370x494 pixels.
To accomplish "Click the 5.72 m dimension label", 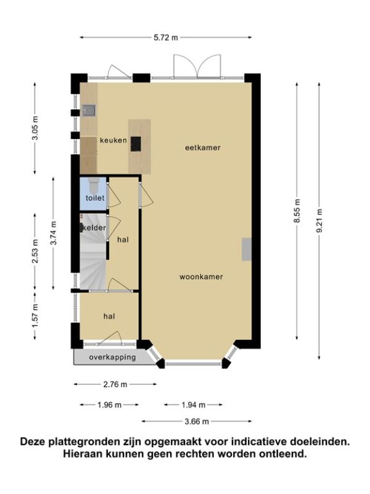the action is click(x=165, y=38).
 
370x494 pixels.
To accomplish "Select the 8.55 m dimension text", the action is click(x=297, y=211).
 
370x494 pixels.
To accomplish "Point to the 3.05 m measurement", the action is click(x=35, y=128).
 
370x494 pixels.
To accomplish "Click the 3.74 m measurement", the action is click(x=54, y=233).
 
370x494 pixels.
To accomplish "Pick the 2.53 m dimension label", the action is click(x=35, y=251).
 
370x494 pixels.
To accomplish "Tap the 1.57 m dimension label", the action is click(x=35, y=316).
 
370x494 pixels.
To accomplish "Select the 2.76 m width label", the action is click(x=115, y=384).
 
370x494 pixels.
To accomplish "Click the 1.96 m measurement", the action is click(x=109, y=405).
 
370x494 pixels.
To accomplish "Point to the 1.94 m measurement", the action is click(x=193, y=405).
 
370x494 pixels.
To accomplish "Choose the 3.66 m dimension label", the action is click(x=197, y=421).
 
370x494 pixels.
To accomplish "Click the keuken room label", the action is click(x=113, y=140).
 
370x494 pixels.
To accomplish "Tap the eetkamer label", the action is click(x=203, y=148).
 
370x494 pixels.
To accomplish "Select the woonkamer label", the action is click(x=201, y=277).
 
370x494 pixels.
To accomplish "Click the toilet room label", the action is click(x=95, y=198).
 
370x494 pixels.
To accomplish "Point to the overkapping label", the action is click(x=112, y=358).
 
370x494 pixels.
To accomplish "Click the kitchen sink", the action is click(x=88, y=111).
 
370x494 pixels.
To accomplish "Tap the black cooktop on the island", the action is click(x=136, y=144).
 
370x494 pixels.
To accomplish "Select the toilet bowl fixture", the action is click(x=94, y=186).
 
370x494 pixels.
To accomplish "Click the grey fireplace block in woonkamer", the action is click(x=247, y=249).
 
